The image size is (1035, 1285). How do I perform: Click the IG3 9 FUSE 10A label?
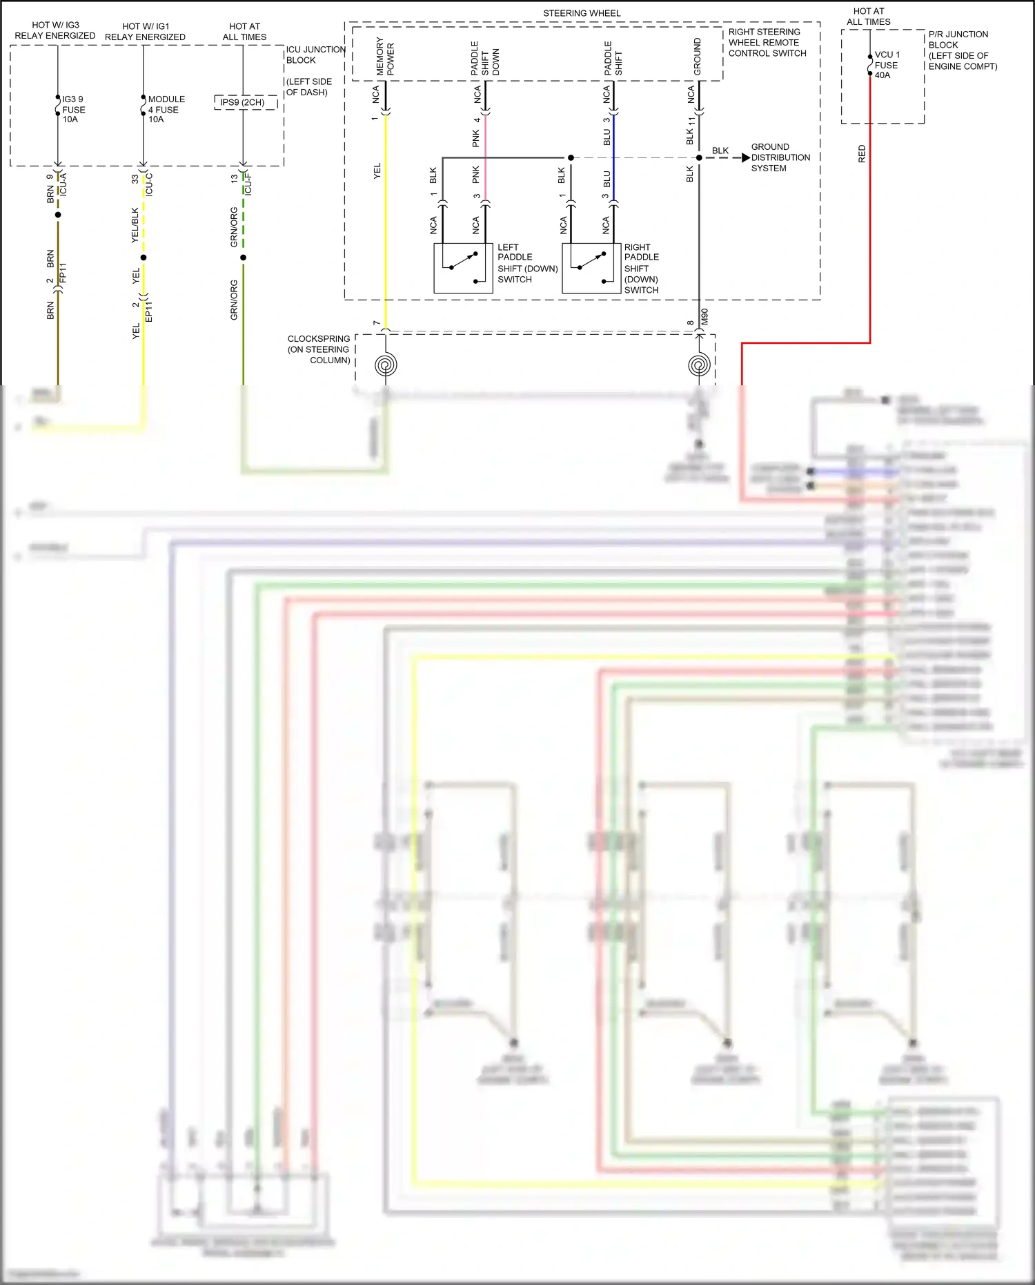click(x=72, y=109)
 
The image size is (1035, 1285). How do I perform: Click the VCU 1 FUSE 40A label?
click(x=887, y=65)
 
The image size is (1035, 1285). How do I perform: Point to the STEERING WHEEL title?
click(x=582, y=13)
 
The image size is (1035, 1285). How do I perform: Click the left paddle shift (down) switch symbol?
click(x=463, y=269)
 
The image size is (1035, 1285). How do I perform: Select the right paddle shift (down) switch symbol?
click(x=591, y=269)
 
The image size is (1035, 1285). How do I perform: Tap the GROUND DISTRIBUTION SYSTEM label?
click(x=780, y=157)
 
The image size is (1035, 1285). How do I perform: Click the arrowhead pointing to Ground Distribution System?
click(x=745, y=158)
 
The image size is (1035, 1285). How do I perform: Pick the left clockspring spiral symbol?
click(x=386, y=365)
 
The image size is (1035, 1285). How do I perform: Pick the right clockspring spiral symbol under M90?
click(x=699, y=365)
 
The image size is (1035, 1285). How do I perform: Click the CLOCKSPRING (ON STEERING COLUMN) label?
click(x=319, y=349)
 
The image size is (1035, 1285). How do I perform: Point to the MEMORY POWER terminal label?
click(x=385, y=57)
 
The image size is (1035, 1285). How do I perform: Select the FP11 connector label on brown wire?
click(x=63, y=273)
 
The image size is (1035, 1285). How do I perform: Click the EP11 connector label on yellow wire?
click(x=149, y=311)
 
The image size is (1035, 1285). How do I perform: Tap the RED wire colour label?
click(x=862, y=154)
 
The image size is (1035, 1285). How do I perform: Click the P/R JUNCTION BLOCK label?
click(x=962, y=50)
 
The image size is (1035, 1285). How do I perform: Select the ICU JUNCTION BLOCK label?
click(x=315, y=55)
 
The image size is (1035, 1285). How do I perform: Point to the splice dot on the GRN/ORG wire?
click(x=244, y=258)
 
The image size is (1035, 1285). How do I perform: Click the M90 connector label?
click(x=705, y=317)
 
